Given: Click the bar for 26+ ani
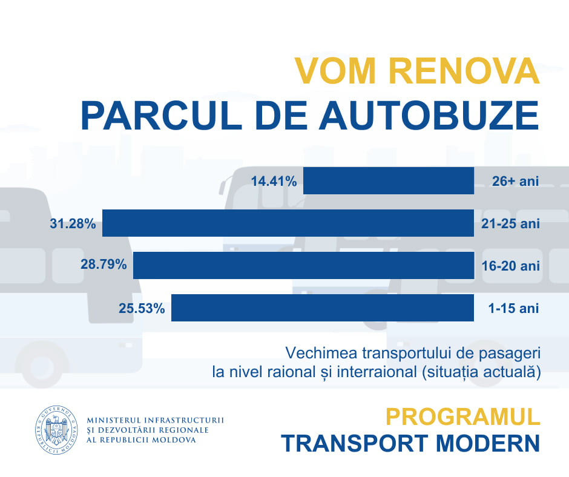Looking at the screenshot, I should click(388, 180).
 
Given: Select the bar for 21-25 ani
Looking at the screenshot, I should click(288, 223).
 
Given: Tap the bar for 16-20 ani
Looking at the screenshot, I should click(303, 265).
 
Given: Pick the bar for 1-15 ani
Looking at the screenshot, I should click(323, 308).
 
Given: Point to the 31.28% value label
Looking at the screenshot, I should click(73, 223).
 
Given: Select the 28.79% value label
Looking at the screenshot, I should click(104, 265).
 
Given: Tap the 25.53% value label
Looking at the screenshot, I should click(142, 308).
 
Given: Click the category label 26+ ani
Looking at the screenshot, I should click(515, 181).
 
